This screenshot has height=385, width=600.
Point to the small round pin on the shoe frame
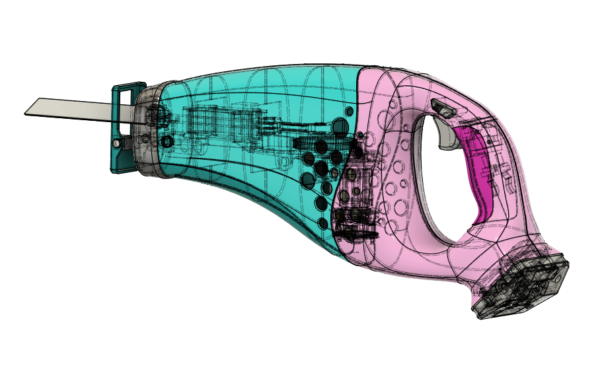(x=117, y=143)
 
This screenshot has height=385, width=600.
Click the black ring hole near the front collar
(x=167, y=141)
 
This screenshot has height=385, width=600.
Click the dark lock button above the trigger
(x=443, y=108)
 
